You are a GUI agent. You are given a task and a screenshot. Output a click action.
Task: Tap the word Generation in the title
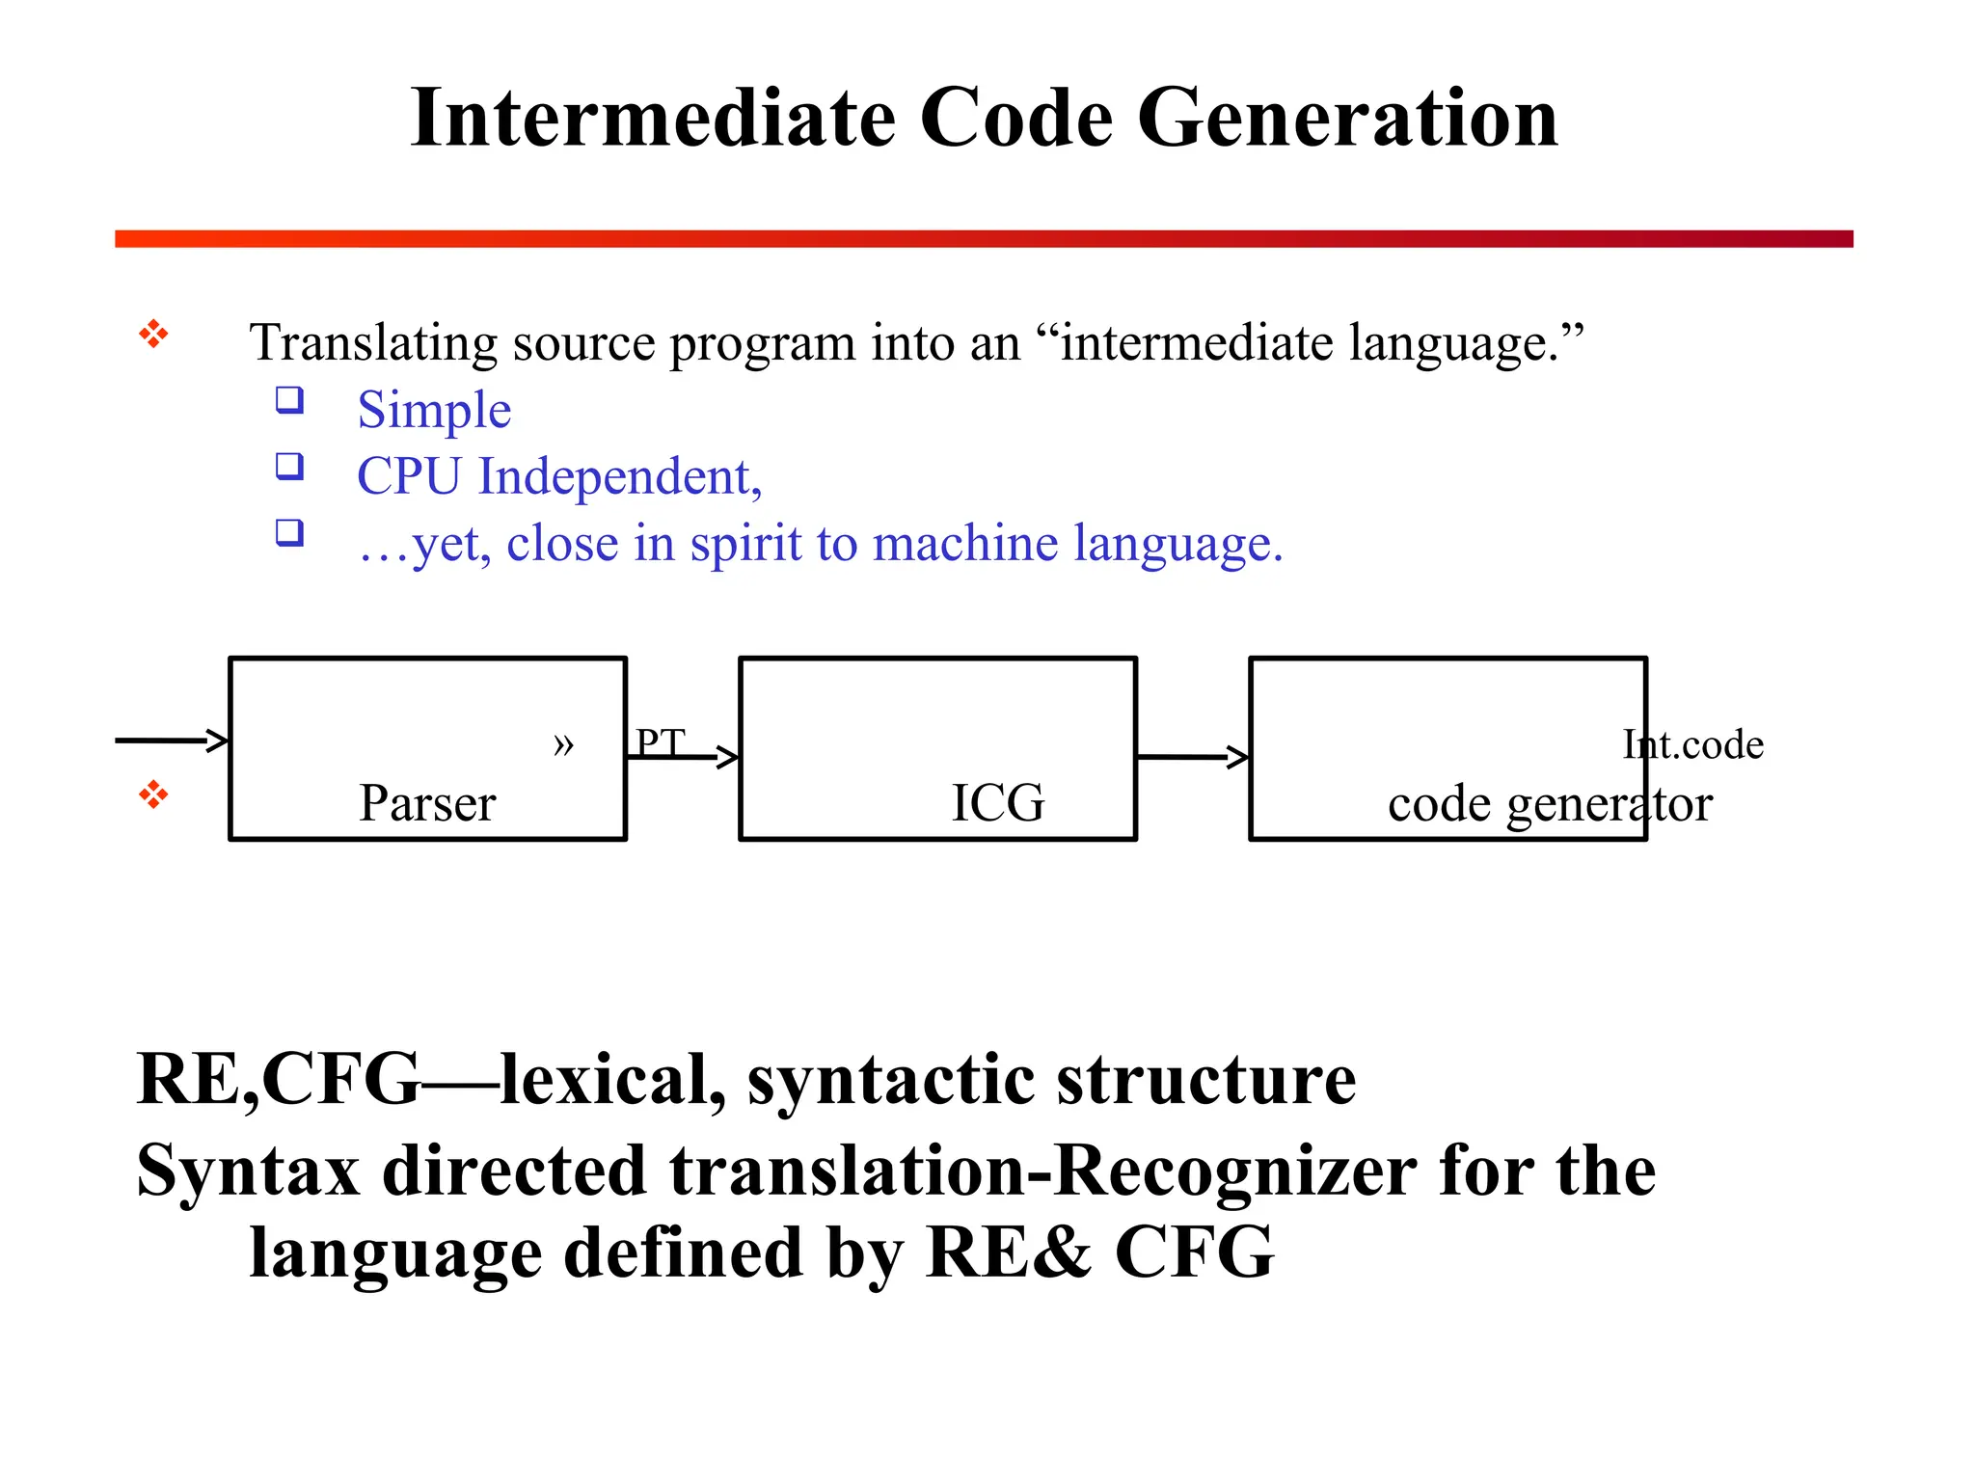(1347, 118)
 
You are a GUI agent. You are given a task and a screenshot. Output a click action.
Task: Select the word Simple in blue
(434, 410)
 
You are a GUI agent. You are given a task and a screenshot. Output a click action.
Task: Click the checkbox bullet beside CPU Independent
(289, 467)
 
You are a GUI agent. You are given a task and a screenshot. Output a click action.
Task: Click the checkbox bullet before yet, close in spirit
(289, 532)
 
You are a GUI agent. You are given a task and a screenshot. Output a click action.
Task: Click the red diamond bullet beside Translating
(153, 335)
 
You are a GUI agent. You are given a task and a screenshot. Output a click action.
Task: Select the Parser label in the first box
(427, 803)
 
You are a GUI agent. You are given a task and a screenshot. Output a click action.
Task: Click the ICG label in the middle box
(998, 803)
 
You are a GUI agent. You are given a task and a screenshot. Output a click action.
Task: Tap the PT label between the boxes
(661, 742)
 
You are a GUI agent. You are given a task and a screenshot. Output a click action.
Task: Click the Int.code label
(1692, 744)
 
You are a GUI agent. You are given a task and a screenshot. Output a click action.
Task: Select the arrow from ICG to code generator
(1192, 757)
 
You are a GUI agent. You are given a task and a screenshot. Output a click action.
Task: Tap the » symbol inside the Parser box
(563, 743)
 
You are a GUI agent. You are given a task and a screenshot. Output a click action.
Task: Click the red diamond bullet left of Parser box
(153, 795)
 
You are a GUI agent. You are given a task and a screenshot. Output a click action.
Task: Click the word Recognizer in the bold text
(1234, 1171)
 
